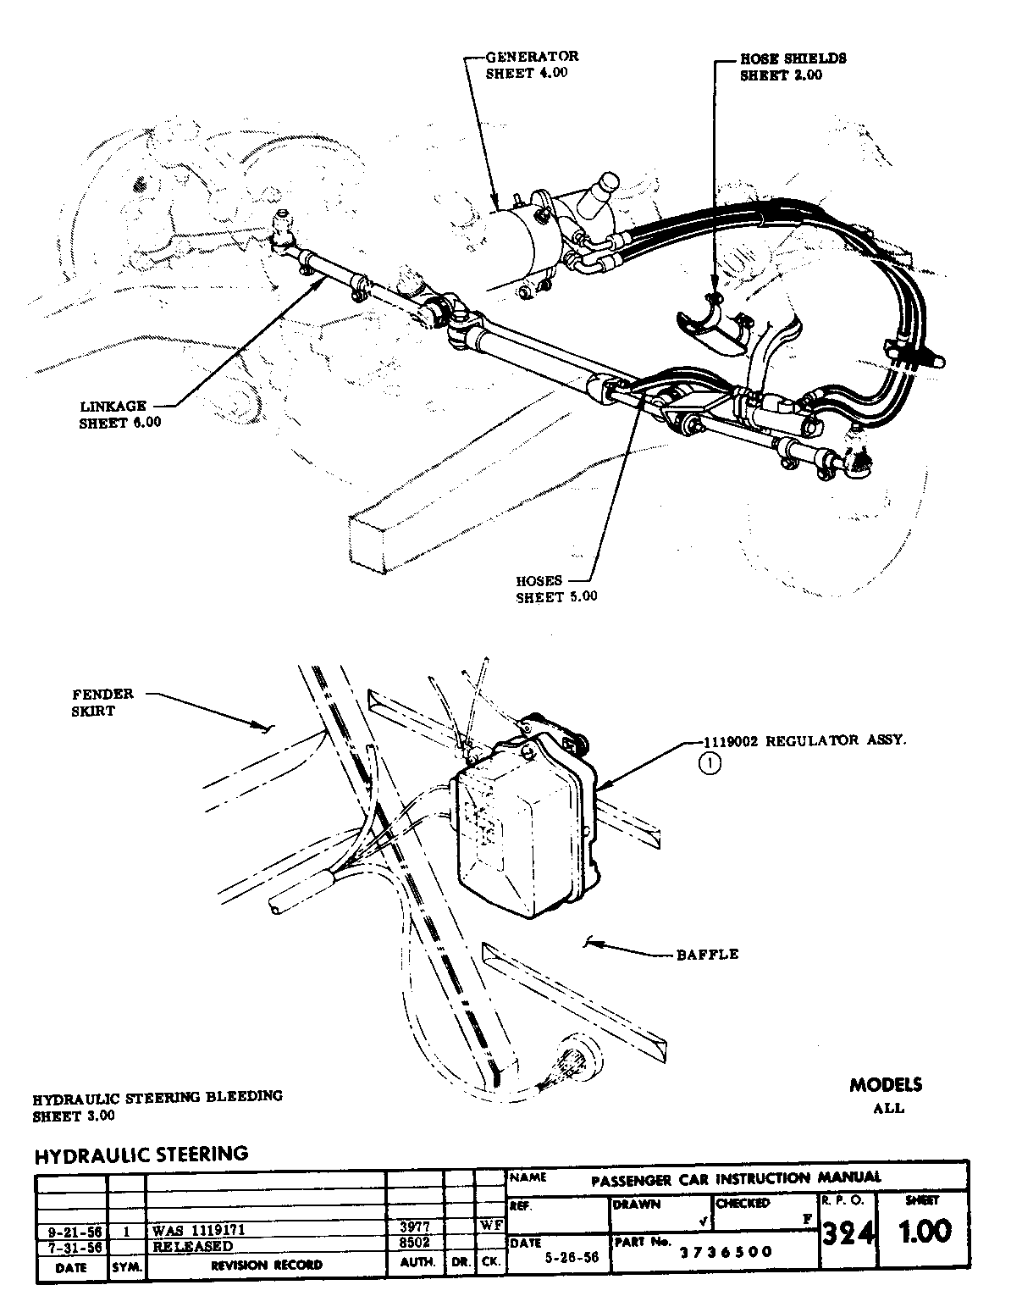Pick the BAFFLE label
pyautogui.click(x=707, y=954)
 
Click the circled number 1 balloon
pyautogui.click(x=710, y=763)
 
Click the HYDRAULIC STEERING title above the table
pyautogui.click(x=141, y=1154)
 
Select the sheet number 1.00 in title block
pyautogui.click(x=925, y=1230)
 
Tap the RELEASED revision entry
pyautogui.click(x=193, y=1245)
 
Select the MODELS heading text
pyautogui.click(x=886, y=1085)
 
